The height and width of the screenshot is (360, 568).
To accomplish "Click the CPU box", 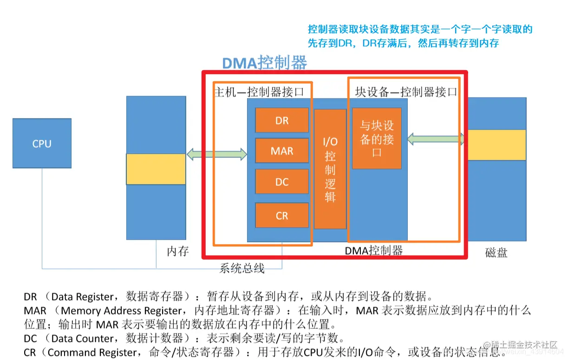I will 42,143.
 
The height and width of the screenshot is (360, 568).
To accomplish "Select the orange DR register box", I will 282,120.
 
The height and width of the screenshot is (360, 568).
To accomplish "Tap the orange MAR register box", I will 282,151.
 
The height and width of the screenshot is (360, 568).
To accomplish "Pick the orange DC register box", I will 282,182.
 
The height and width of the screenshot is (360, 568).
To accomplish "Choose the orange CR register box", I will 282,216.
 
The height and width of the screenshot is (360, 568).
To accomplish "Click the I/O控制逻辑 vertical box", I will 330,169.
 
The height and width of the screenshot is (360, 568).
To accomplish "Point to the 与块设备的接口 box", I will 377,138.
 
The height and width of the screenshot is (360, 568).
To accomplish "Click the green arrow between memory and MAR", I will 216,154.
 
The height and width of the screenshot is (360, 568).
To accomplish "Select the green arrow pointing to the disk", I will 436,138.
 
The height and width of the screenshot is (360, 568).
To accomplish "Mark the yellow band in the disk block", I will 496,144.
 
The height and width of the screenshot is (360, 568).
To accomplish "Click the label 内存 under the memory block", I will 178,251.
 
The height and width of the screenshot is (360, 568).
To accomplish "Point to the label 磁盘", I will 496,253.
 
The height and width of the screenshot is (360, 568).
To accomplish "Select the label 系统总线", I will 242,268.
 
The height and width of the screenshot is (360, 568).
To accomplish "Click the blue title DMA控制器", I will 264,63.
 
